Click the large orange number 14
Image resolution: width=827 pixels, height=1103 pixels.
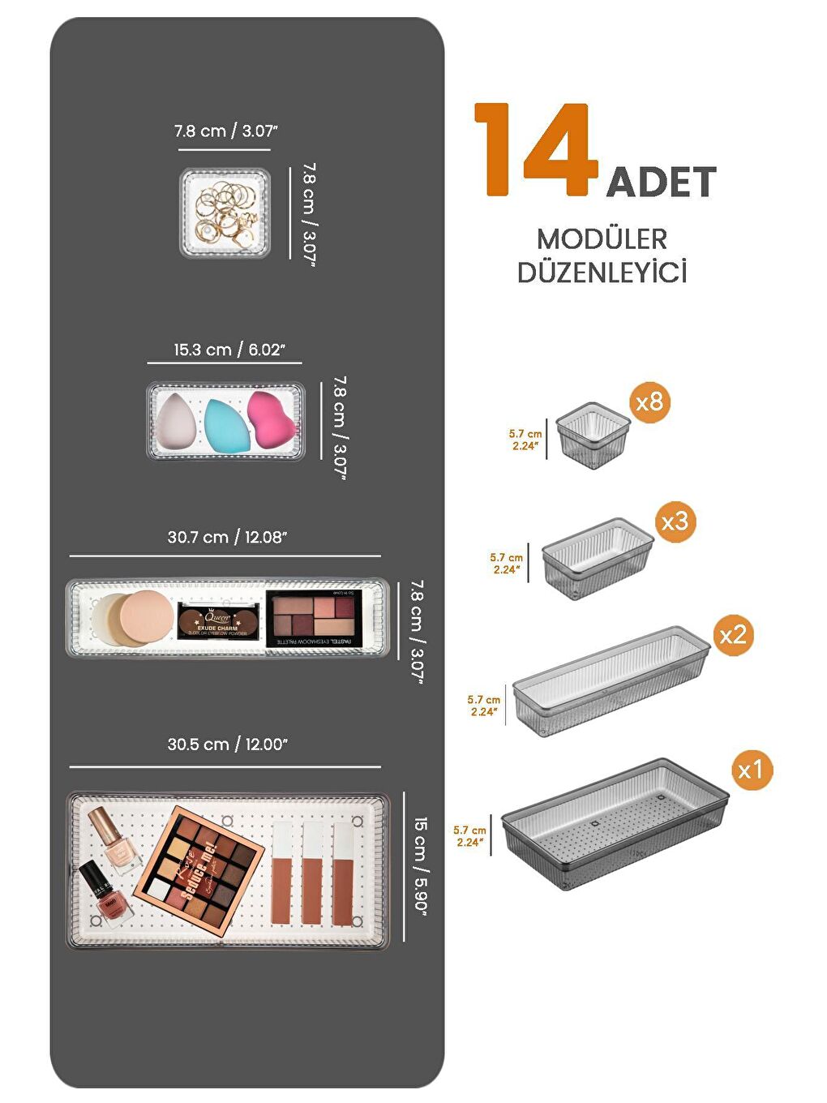pos(535,150)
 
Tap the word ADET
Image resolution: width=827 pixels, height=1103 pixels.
pos(661,182)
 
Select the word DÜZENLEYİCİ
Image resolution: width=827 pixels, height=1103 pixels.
pos(602,273)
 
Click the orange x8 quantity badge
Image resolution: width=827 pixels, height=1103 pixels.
pos(649,401)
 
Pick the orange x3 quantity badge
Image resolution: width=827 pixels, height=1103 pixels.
pos(675,521)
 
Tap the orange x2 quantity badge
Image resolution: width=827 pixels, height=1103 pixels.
pos(733,635)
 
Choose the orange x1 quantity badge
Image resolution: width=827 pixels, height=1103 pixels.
pos(751,770)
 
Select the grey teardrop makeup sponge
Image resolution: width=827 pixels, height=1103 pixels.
pos(176,422)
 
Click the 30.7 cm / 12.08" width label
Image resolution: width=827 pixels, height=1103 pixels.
pos(227,537)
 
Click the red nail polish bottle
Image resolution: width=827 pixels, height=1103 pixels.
pos(105,895)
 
